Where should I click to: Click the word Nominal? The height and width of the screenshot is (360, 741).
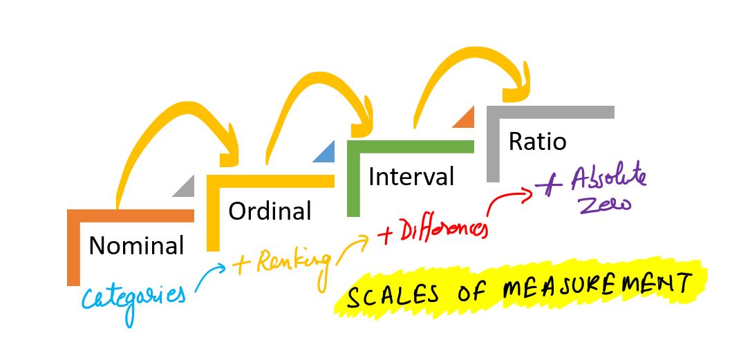[x=136, y=245]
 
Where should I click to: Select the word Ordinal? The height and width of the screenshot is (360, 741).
[x=270, y=211]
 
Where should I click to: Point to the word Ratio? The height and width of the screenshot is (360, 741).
[x=537, y=142]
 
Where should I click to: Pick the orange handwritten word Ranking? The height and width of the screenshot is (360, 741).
[x=291, y=261]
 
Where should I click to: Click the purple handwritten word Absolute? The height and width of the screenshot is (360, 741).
[x=609, y=179]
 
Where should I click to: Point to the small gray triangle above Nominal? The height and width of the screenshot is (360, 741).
[x=185, y=187]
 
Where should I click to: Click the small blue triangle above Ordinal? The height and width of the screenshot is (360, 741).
[x=323, y=153]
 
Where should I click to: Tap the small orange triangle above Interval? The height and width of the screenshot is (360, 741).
[x=464, y=119]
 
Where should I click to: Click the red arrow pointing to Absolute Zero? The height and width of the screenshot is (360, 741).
[x=508, y=201]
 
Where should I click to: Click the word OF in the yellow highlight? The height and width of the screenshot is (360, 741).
[x=469, y=291]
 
